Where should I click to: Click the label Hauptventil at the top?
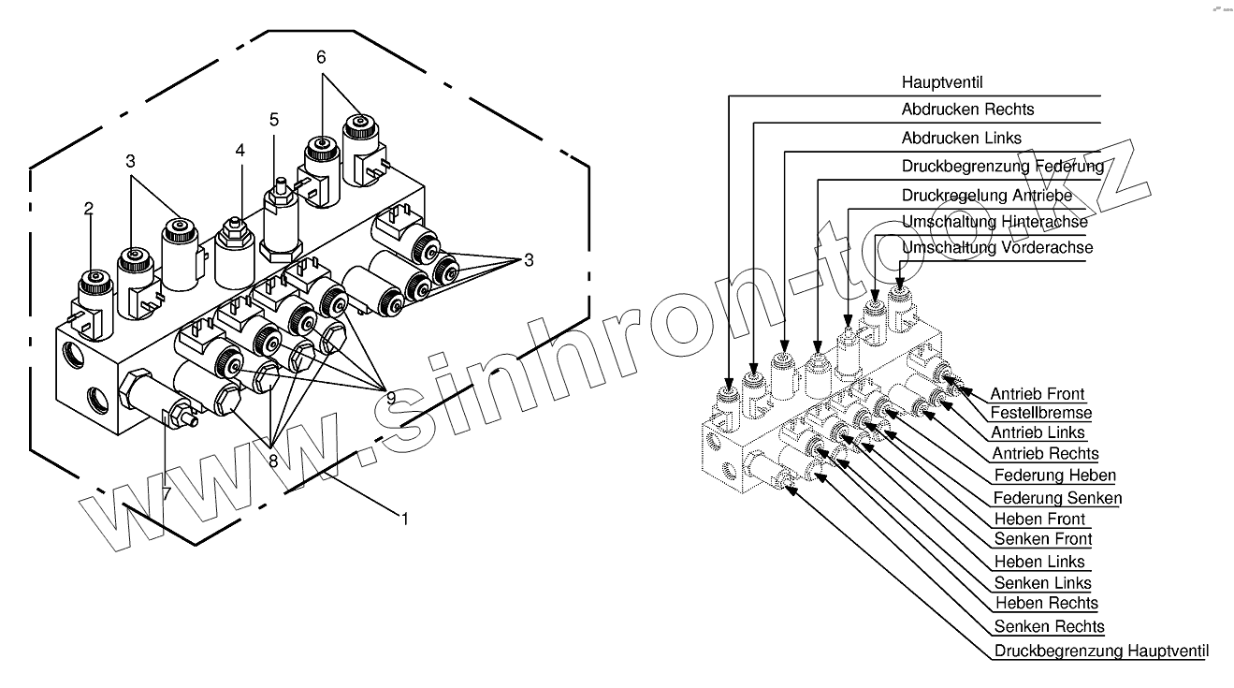[942, 82]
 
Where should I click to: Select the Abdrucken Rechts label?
[967, 110]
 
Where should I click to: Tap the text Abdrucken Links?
[961, 138]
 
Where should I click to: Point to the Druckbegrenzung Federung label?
[1002, 166]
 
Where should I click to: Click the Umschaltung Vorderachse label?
[996, 248]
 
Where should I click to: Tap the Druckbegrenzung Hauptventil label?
[1101, 651]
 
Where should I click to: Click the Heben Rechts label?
[1046, 603]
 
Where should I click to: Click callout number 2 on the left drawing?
[89, 209]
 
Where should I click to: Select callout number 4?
[240, 150]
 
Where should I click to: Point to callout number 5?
[273, 120]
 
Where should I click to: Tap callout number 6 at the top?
[322, 57]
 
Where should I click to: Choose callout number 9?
[391, 398]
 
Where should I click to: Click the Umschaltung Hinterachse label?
[994, 222]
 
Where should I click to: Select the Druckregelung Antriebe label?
[987, 196]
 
